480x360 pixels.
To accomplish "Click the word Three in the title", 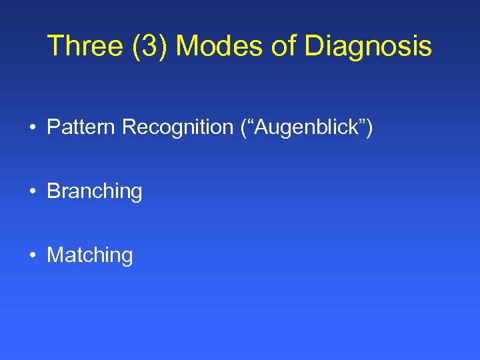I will pos(86,46).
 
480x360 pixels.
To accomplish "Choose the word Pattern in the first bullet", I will pos(81,127).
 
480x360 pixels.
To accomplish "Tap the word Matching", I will pos(90,255).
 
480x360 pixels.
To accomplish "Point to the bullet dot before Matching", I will pos(32,255).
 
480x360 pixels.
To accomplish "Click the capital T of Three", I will pos(55,46).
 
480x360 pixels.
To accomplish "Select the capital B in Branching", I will pos(53,191).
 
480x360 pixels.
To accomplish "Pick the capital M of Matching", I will pos(54,255).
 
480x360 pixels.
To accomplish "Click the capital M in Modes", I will pos(187,46).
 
